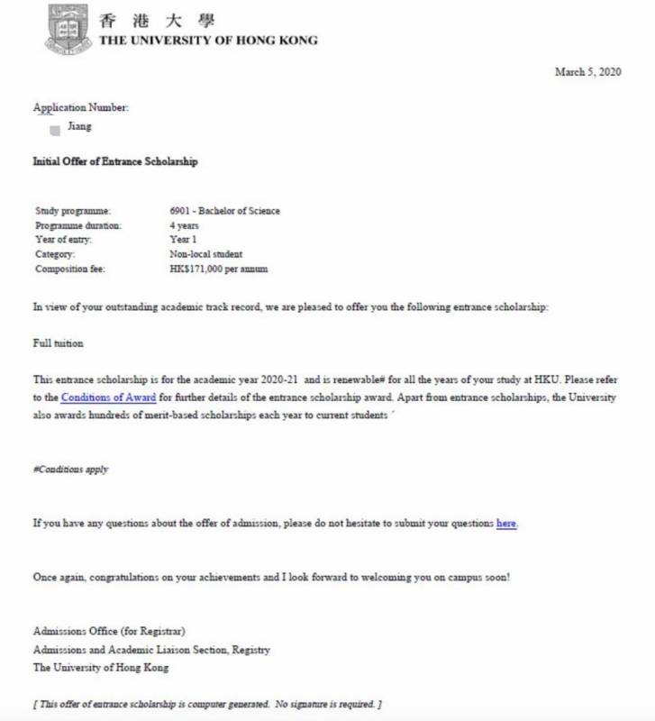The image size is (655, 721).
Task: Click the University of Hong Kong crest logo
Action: [68, 28]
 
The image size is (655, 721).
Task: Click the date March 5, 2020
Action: [587, 72]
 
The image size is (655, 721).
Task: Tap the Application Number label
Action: [81, 107]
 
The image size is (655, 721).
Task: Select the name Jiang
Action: [80, 127]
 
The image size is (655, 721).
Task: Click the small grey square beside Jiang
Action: [55, 130]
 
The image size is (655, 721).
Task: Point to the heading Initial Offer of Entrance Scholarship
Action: [115, 161]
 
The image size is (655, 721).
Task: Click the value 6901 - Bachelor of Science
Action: [224, 211]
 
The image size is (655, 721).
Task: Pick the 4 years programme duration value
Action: [185, 225]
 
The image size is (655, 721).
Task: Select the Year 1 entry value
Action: [183, 240]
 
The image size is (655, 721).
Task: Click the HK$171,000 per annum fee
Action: [218, 269]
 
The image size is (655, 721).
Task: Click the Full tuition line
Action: [58, 343]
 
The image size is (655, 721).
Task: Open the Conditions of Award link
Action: [109, 397]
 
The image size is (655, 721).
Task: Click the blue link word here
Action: [506, 523]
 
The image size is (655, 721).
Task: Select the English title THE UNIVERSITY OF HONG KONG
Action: [208, 41]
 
